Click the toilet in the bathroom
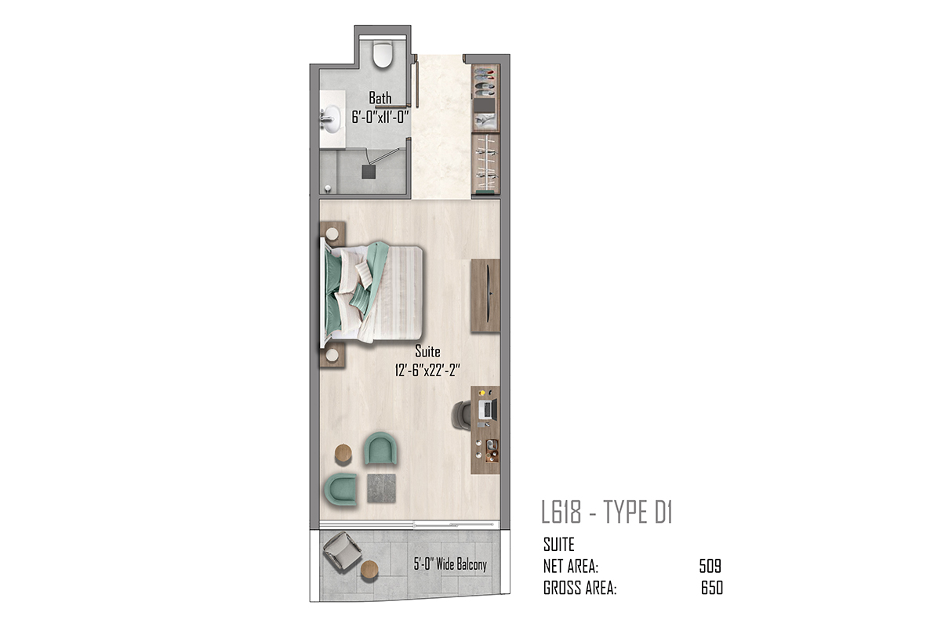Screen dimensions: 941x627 [x=383, y=54]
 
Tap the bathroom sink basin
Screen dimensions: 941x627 [x=332, y=119]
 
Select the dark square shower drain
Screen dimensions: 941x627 [x=369, y=172]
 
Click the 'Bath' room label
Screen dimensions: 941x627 [x=380, y=98]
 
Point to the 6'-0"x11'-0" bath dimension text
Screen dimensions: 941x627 [x=380, y=117]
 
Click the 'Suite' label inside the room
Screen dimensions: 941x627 [x=427, y=350]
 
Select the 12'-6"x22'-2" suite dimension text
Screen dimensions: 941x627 [x=427, y=371]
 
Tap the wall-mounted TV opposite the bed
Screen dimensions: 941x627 [x=488, y=294]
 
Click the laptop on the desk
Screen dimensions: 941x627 [x=488, y=408]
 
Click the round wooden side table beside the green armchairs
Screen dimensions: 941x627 [x=343, y=454]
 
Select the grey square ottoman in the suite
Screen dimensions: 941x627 [x=381, y=488]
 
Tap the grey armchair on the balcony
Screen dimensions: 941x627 [x=342, y=550]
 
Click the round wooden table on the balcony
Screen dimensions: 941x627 [x=369, y=570]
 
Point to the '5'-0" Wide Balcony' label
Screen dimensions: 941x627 [x=450, y=564]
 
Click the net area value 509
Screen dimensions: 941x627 [x=710, y=566]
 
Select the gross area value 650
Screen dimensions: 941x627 [x=712, y=588]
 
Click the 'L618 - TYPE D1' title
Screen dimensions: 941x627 [x=607, y=513]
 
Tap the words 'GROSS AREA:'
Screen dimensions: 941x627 [x=579, y=588]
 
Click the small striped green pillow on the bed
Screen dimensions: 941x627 [x=360, y=296]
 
